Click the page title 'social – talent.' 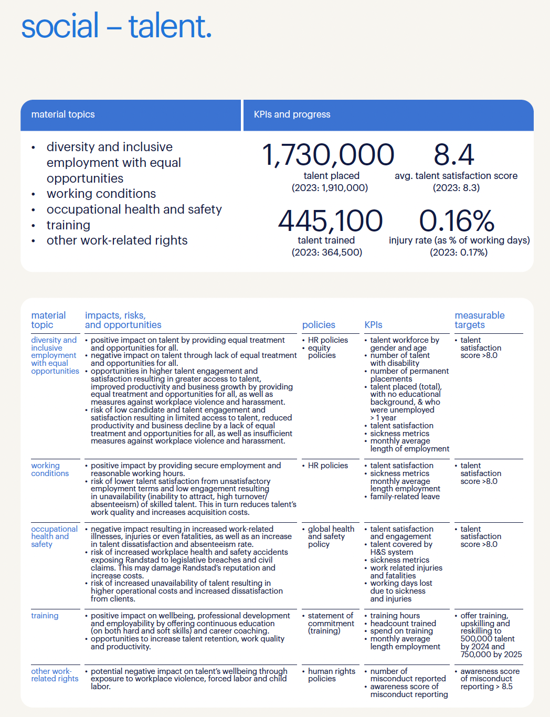pos(116,26)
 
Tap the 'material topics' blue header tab pos(63,114)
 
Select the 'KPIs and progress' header pos(292,114)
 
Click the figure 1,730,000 pos(328,155)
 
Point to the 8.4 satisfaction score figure pos(454,155)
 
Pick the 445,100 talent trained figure pos(331,220)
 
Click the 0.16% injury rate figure pos(457,220)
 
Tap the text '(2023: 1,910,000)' pos(330,188)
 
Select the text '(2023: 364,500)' pos(327,252)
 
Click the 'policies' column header pos(319,325)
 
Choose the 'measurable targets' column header pos(479,320)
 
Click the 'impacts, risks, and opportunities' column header pos(123,320)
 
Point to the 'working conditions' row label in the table pos(50,469)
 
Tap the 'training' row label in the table pos(45,616)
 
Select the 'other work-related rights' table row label pos(54,675)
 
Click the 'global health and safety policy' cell pos(331,536)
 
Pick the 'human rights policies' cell pos(331,675)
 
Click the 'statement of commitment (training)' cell pos(331,623)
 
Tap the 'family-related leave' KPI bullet pos(405,497)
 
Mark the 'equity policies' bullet pos(321,352)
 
